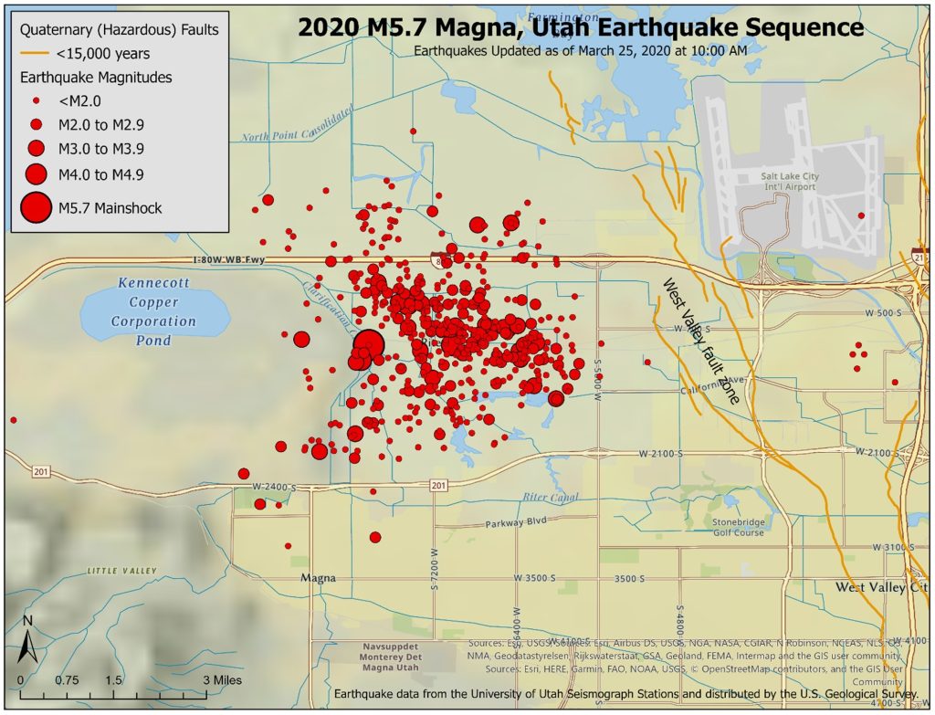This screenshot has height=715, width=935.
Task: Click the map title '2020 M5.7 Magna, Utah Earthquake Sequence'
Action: point(580,27)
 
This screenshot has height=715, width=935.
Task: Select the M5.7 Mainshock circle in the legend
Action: point(37,208)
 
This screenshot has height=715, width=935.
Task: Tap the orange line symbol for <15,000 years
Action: point(35,54)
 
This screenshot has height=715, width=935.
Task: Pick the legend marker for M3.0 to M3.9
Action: point(37,148)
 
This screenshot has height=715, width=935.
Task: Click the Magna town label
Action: point(319,578)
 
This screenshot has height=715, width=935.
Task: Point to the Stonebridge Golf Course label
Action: point(738,527)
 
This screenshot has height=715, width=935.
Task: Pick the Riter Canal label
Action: point(551,498)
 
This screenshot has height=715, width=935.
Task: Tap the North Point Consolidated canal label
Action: point(297,125)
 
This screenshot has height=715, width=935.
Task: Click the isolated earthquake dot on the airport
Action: point(860,216)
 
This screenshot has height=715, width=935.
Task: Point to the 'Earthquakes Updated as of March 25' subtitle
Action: point(580,50)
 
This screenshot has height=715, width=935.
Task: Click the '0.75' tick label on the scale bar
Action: point(67,681)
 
